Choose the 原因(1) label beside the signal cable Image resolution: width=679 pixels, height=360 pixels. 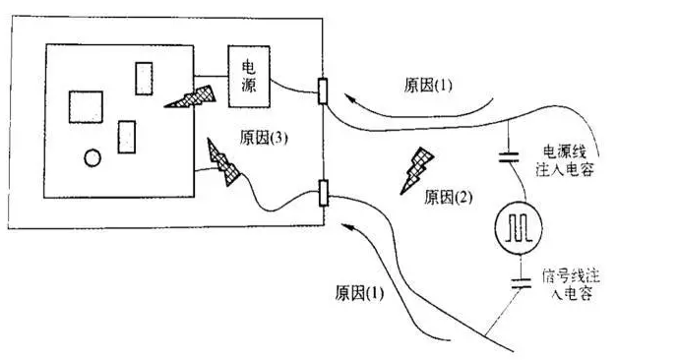tap(360, 293)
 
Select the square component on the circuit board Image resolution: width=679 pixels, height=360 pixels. tap(86, 105)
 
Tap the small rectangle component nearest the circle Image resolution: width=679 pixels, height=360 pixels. tap(126, 136)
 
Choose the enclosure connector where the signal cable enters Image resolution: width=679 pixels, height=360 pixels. tap(323, 193)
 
